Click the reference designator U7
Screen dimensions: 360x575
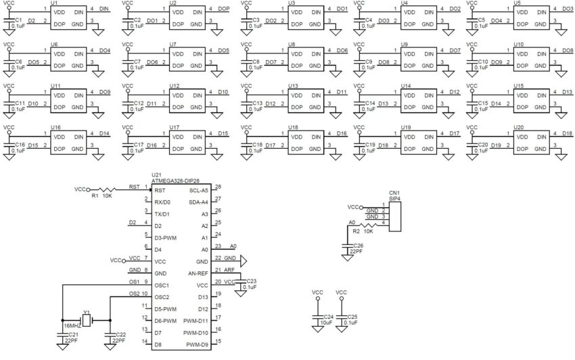click(174, 44)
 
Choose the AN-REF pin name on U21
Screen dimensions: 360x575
click(197, 273)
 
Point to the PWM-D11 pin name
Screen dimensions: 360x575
click(195, 321)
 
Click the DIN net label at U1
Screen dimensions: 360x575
click(103, 8)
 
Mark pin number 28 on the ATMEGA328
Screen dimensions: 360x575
click(217, 187)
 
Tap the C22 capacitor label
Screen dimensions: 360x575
click(120, 338)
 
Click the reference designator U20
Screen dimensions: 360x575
click(520, 127)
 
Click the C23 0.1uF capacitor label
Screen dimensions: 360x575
click(250, 284)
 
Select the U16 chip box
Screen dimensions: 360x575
click(67, 141)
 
